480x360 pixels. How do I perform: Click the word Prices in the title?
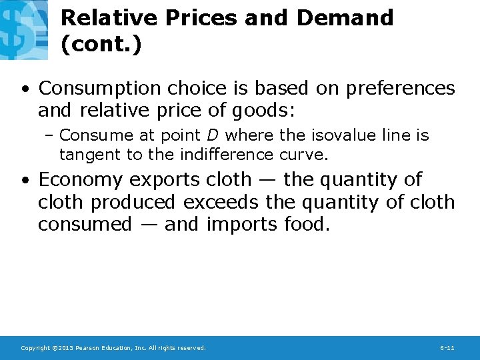(203, 17)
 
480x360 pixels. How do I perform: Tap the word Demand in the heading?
(345, 17)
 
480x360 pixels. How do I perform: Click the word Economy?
(81, 179)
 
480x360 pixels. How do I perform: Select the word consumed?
(85, 224)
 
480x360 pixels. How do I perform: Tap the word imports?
(236, 224)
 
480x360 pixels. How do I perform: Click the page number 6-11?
(447, 348)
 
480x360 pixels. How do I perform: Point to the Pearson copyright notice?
(113, 348)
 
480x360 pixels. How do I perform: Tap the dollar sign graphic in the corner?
(23, 29)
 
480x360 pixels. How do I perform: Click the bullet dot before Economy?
(24, 180)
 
